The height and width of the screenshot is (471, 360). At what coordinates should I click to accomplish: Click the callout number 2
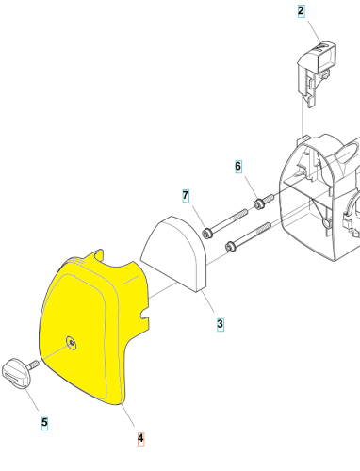click(301, 11)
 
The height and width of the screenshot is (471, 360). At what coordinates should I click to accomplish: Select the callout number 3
click(221, 324)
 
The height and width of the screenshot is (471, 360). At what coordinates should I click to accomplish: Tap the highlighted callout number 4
click(140, 438)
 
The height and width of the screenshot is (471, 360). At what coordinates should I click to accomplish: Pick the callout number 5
click(44, 423)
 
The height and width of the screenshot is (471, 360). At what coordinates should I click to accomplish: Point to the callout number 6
click(238, 166)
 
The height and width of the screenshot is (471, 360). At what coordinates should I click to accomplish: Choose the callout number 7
click(186, 196)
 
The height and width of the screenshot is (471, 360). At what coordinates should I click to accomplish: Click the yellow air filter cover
click(94, 327)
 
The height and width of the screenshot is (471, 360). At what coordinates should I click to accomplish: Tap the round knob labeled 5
click(16, 374)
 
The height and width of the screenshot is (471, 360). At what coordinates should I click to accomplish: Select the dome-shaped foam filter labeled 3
click(173, 253)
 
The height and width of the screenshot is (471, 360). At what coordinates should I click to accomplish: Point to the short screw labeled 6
click(264, 202)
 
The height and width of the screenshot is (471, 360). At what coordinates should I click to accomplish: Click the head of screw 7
click(206, 234)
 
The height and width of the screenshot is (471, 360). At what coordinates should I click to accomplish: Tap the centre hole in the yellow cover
click(72, 343)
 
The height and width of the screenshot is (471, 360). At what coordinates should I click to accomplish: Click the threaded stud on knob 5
click(33, 365)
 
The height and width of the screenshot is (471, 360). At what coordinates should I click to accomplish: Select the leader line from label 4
click(128, 415)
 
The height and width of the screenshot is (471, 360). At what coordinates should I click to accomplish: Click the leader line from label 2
click(315, 31)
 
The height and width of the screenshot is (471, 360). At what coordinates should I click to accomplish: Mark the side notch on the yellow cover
click(144, 314)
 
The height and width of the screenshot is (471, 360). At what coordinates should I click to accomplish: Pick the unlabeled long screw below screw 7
click(248, 236)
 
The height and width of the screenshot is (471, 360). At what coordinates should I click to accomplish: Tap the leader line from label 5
click(32, 399)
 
